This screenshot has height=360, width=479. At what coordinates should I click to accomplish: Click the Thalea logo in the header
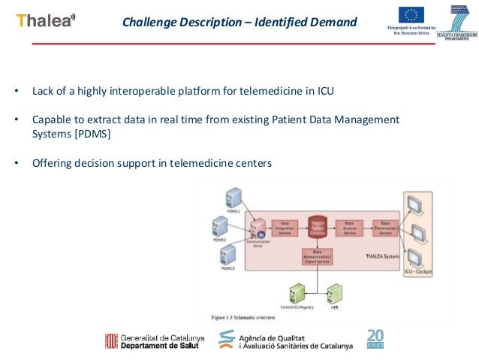point(46,21)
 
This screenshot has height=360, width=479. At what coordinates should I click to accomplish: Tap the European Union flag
point(411,15)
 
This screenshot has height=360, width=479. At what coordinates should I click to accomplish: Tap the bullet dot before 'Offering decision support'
point(17,162)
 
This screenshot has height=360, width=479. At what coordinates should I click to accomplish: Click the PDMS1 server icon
point(233,198)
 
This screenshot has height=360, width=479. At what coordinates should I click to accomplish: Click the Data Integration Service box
point(285,228)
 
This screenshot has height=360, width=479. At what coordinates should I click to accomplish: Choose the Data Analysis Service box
point(348,228)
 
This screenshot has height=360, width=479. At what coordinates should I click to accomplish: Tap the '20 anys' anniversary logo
point(375,339)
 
